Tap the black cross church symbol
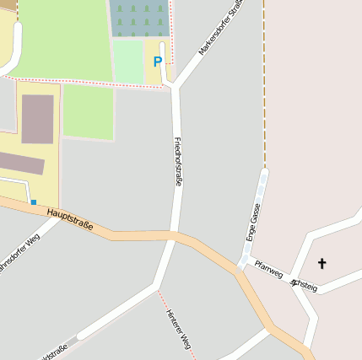click(x=321, y=264)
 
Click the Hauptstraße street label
click(x=70, y=220)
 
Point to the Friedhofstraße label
click(x=178, y=160)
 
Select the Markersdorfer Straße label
click(x=221, y=28)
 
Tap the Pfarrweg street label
click(x=272, y=270)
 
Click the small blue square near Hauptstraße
click(x=34, y=202)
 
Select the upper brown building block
click(x=37, y=119)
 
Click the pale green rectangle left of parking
click(x=128, y=61)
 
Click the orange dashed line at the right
click(x=265, y=84)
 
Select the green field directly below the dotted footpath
click(x=88, y=111)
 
